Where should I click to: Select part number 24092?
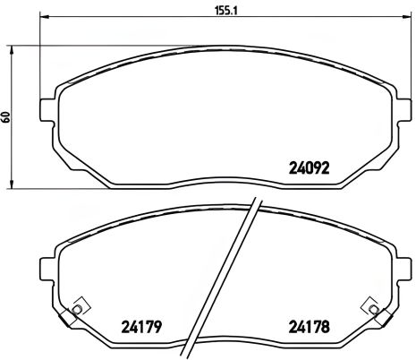tap(310, 166)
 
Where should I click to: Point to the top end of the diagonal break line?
tap(258, 200)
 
